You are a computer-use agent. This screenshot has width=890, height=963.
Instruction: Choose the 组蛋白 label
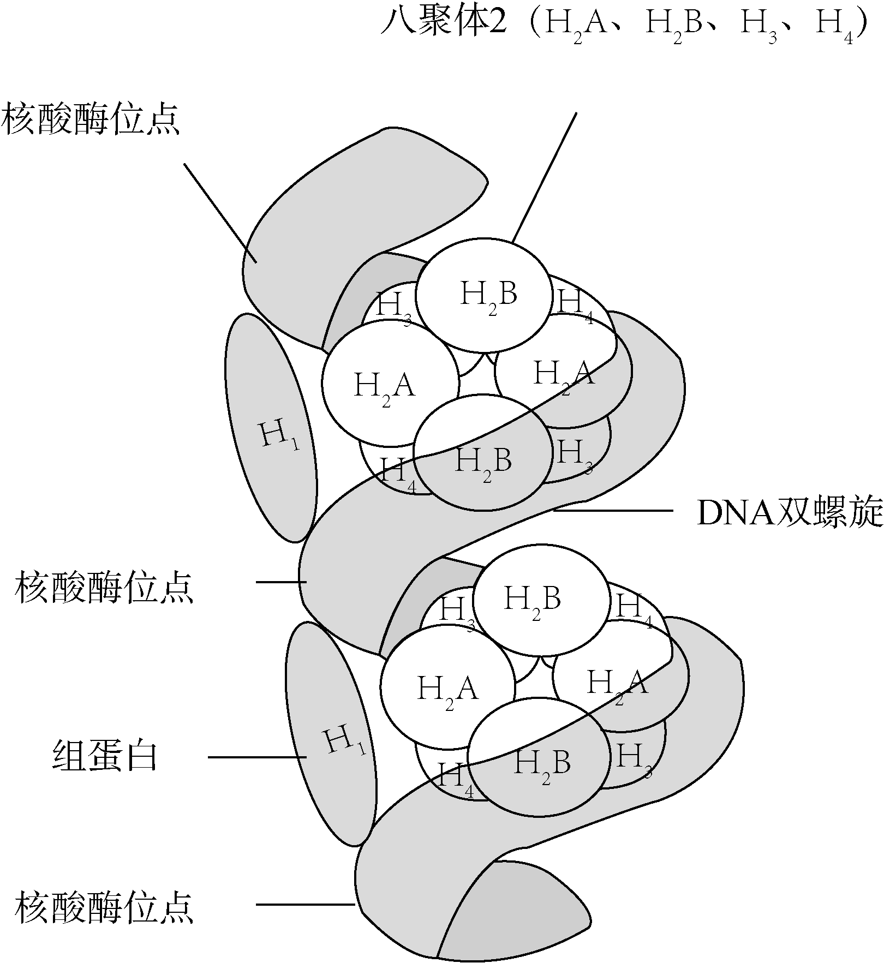[x=105, y=756]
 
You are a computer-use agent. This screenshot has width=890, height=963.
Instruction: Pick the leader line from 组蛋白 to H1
[x=256, y=757]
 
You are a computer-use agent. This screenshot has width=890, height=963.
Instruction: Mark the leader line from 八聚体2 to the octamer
[x=544, y=177]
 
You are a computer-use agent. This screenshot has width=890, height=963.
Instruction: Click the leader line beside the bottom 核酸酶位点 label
[x=306, y=904]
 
